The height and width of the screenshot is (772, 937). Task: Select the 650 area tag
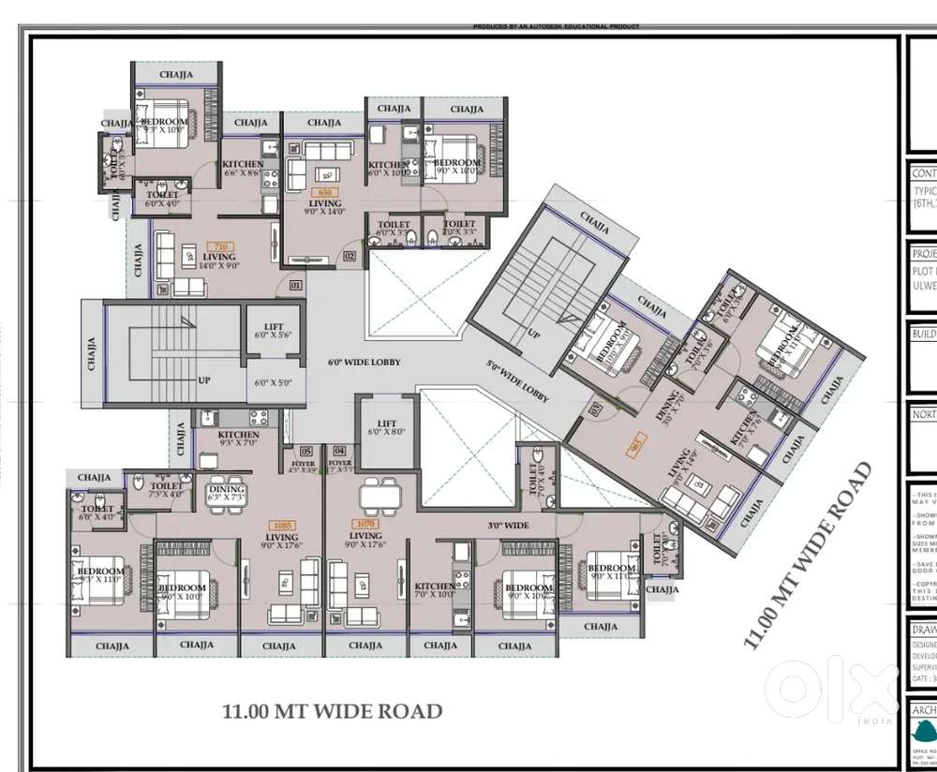pyautogui.click(x=325, y=192)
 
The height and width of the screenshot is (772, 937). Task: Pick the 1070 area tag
pyautogui.click(x=364, y=525)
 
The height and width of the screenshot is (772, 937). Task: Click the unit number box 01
pyautogui.click(x=296, y=284)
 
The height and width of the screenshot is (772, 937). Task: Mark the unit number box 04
pyautogui.click(x=339, y=451)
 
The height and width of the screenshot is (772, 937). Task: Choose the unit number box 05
pyautogui.click(x=306, y=451)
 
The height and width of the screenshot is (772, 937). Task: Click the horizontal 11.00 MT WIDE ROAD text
pyautogui.click(x=332, y=711)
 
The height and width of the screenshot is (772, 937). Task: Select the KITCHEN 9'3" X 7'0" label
pyautogui.click(x=238, y=439)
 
